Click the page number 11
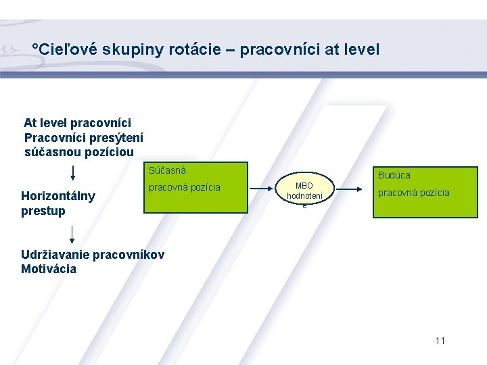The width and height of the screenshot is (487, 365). tap(440, 341)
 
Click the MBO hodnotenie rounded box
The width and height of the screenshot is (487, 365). tap(304, 191)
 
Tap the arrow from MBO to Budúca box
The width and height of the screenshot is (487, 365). tap(351, 191)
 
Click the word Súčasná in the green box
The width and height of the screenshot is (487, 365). tap(167, 170)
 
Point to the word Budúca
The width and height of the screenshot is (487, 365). tap(394, 175)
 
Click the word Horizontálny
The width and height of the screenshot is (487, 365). tap(58, 197)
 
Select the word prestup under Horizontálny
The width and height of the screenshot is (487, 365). tap(43, 211)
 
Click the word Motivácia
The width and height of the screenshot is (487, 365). tap(49, 269)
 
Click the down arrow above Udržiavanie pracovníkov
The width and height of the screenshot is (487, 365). tap(72, 233)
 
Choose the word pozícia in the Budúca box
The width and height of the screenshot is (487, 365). tap(434, 193)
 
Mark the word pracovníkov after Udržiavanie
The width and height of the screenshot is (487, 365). tap(128, 255)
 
